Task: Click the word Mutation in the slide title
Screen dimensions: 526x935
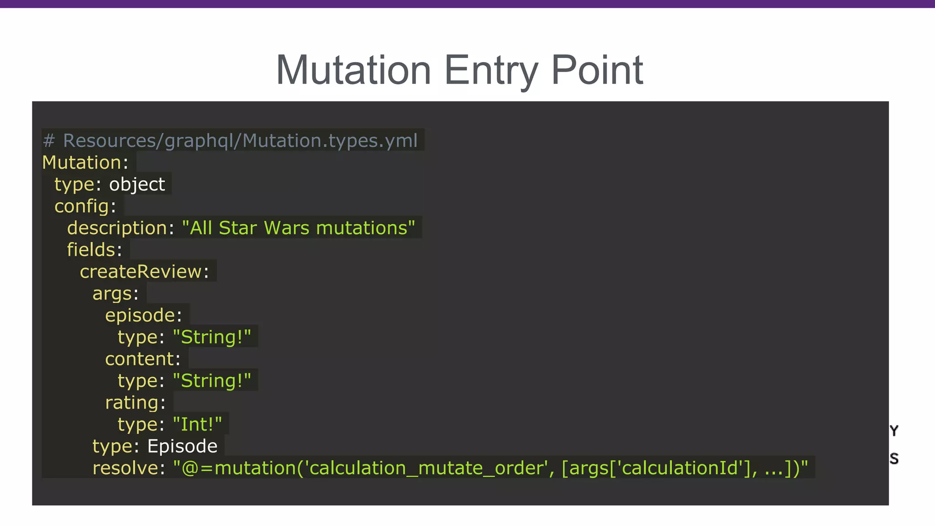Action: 353,70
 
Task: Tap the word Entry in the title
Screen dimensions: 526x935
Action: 491,70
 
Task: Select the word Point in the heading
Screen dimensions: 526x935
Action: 597,70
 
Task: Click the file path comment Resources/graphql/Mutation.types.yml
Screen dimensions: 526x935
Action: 240,141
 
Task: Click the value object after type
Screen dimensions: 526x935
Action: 137,184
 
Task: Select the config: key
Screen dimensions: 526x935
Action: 85,206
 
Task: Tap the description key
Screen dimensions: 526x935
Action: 117,228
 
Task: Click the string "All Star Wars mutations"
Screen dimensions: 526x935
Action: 299,228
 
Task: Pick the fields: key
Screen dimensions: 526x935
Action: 94,250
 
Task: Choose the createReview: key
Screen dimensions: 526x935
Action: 144,272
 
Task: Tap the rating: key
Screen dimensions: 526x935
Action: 135,403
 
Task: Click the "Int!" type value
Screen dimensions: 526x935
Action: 197,425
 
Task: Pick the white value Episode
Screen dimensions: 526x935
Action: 182,446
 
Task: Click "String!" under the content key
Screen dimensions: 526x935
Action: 212,381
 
